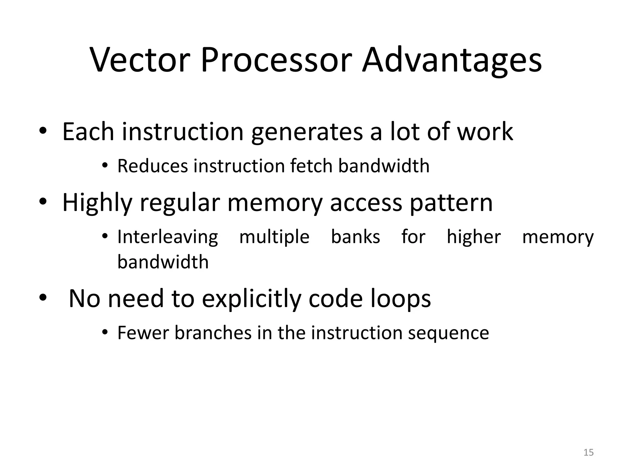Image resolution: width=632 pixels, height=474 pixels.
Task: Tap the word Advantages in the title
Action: (452, 60)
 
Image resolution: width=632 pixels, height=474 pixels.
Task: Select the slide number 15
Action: (588, 452)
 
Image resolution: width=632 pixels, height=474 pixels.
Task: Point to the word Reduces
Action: (152, 166)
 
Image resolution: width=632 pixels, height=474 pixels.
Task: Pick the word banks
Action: (355, 237)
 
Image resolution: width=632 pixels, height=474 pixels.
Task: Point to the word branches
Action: (213, 333)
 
